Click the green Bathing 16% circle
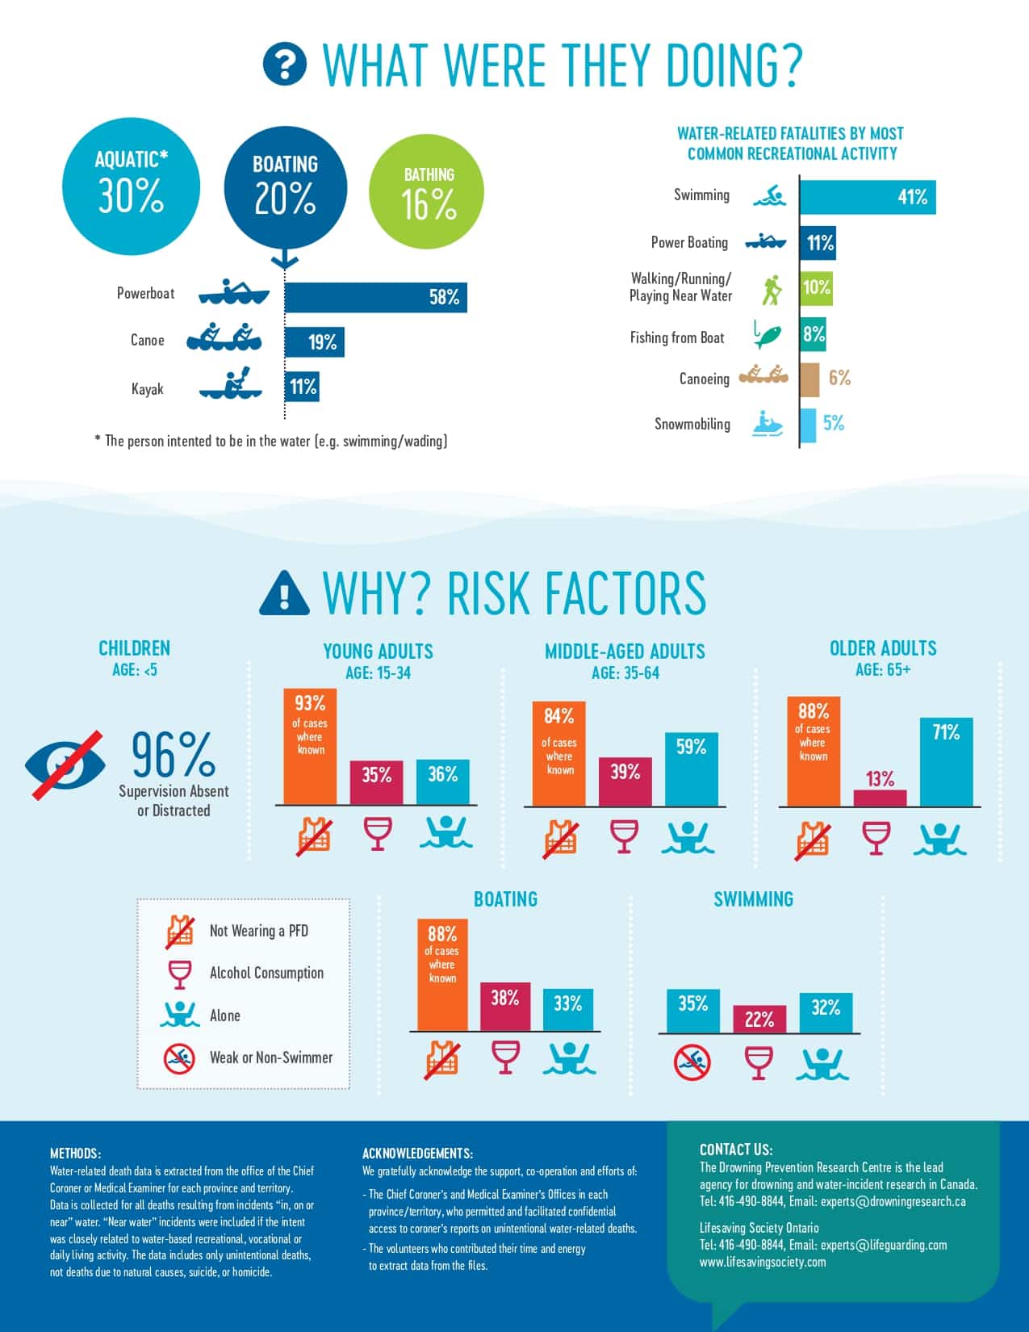click(x=426, y=192)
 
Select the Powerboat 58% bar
click(x=375, y=297)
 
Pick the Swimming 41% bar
click(x=868, y=197)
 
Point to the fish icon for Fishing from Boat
click(x=768, y=334)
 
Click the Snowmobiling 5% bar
click(x=808, y=425)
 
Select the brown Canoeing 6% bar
click(x=809, y=379)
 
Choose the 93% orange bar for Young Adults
click(x=309, y=747)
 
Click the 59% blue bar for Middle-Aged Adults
click(x=691, y=769)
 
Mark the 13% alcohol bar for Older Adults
click(x=880, y=797)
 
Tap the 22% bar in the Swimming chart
click(x=759, y=1019)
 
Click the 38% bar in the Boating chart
click(x=504, y=1006)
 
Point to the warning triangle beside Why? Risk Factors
click(x=284, y=594)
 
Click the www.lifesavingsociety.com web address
click(x=763, y=1262)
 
